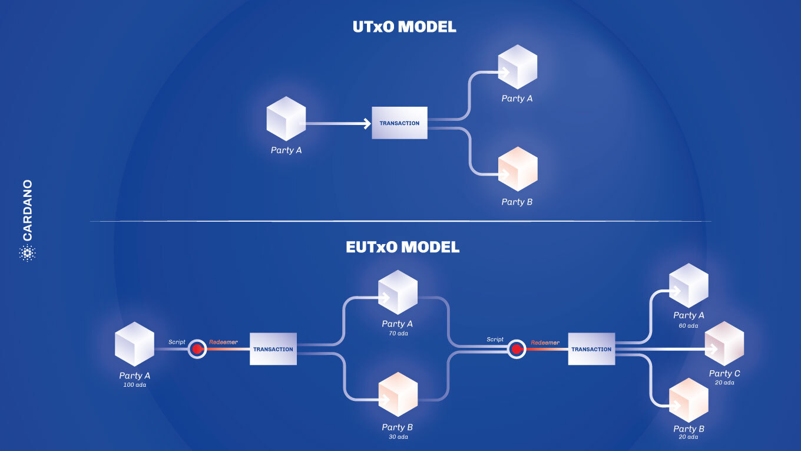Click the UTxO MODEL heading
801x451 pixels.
(403, 27)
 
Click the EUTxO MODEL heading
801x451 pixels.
(402, 247)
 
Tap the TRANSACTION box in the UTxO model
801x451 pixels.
(399, 123)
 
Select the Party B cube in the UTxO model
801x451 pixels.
(518, 169)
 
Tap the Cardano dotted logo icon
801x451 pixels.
(27, 254)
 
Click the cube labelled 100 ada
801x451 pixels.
(134, 344)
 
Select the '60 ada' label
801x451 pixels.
(689, 325)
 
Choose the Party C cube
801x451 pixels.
(724, 344)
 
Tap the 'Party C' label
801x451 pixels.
(724, 373)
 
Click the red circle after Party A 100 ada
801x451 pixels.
(198, 349)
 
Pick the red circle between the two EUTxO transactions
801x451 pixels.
(517, 349)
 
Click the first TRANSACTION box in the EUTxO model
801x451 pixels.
(273, 349)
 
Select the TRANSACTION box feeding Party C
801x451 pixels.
(591, 349)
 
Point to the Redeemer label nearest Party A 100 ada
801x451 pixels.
(223, 342)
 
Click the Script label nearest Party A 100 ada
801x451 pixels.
(177, 342)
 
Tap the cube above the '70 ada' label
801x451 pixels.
(398, 292)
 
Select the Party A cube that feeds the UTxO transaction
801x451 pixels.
(286, 118)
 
